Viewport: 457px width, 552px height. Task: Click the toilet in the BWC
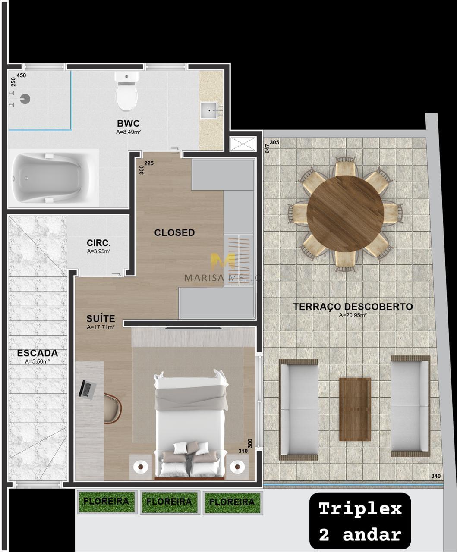[126, 91]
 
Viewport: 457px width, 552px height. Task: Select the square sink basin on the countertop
[209, 110]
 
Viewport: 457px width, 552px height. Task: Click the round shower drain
[25, 99]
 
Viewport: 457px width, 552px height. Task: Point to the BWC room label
[128, 123]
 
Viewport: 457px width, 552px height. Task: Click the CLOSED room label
[175, 232]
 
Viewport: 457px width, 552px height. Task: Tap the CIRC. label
[99, 243]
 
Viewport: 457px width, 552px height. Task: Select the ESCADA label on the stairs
[37, 353]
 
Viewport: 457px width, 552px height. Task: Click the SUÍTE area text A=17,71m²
[101, 327]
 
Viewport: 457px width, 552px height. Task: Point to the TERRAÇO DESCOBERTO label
[353, 307]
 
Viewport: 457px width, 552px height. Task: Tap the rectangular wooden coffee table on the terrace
[355, 409]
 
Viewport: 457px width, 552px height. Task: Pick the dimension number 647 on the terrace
[268, 148]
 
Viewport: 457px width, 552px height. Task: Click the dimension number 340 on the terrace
[436, 476]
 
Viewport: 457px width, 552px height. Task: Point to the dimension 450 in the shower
[22, 75]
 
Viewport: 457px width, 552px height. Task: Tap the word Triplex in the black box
[360, 508]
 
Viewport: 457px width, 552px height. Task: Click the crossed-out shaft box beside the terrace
[243, 144]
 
